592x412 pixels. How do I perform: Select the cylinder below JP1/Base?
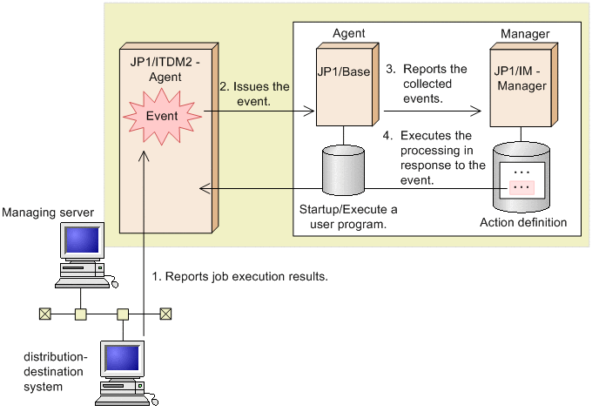(344, 172)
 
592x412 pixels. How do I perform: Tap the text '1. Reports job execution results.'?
(239, 276)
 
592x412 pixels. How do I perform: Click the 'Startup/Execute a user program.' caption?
(347, 217)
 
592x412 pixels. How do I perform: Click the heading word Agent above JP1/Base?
(349, 34)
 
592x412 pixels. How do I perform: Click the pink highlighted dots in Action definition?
(521, 187)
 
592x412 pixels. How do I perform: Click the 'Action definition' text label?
(523, 223)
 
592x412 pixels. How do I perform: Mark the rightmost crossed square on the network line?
(165, 313)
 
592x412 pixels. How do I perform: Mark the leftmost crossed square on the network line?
(40, 313)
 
